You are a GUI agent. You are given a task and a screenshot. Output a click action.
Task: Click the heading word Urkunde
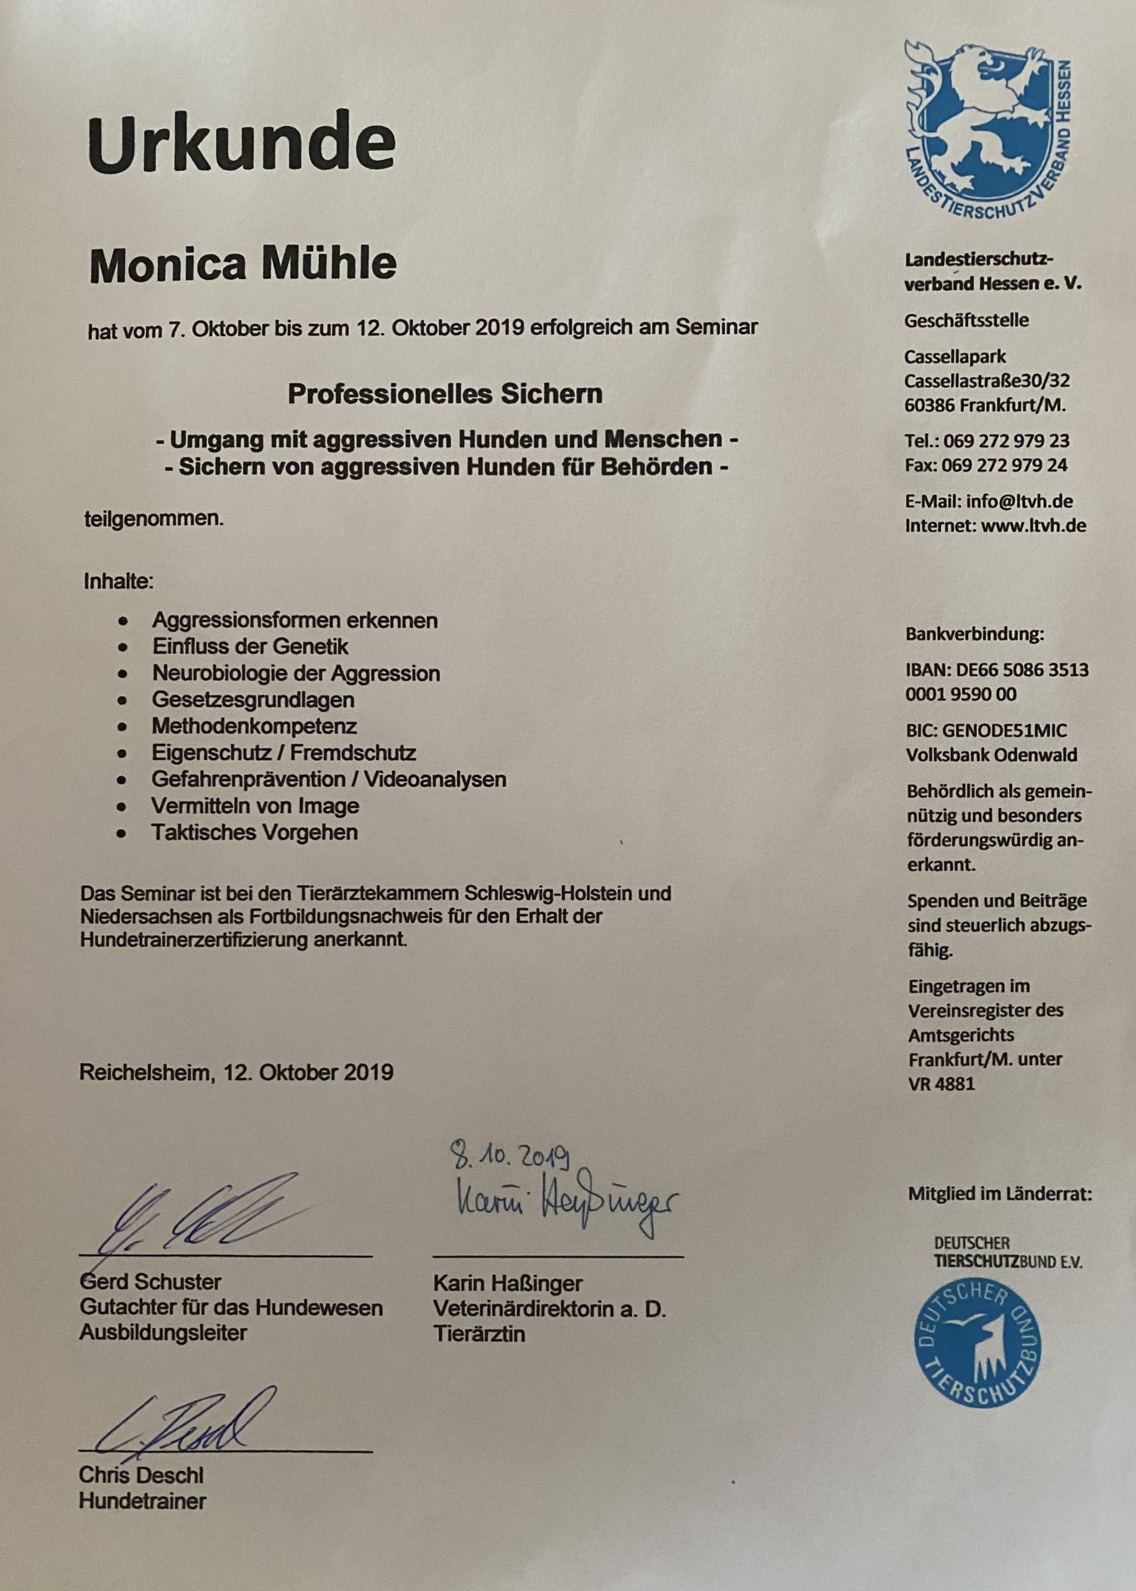coord(241,145)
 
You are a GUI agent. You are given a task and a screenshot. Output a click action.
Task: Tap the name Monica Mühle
coord(243,264)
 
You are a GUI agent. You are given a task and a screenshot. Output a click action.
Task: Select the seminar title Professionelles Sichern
coord(445,394)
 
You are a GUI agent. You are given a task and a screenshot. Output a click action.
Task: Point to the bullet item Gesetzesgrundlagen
coord(253,699)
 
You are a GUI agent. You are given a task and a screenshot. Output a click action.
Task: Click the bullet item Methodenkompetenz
coord(255,726)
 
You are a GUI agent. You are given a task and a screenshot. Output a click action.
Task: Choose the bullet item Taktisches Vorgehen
coord(255,832)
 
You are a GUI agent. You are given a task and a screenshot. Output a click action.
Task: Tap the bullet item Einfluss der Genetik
coord(250,646)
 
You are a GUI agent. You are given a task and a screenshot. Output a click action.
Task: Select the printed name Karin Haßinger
coord(508,1283)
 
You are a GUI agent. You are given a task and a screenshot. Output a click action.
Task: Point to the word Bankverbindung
coord(974,635)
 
